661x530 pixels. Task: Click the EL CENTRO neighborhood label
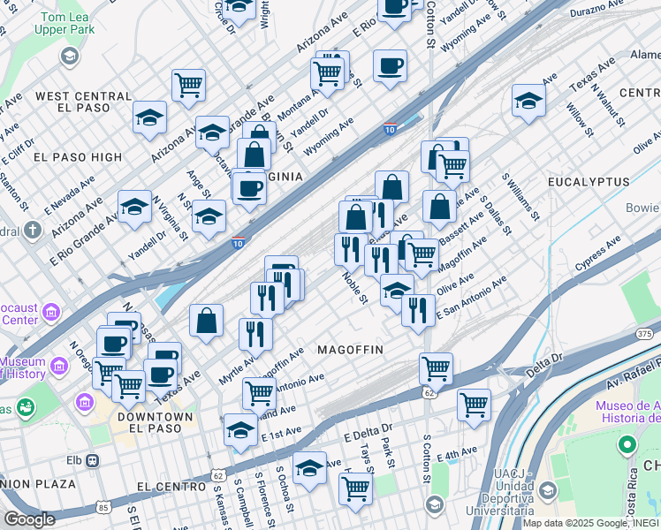click(171, 487)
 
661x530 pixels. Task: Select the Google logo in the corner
click(29, 519)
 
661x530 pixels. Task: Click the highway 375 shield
click(644, 333)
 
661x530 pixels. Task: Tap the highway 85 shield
click(103, 507)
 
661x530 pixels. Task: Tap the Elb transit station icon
click(94, 460)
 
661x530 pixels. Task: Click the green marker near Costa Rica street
click(627, 444)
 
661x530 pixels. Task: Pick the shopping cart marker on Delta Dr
click(474, 404)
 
